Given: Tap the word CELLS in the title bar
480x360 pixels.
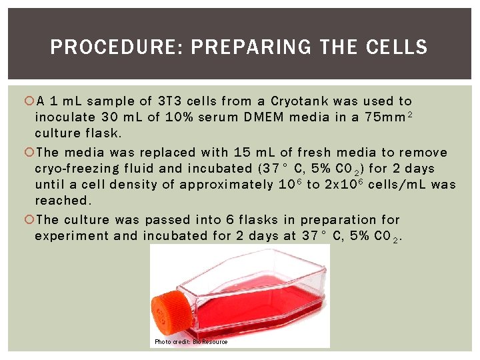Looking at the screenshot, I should [397, 47].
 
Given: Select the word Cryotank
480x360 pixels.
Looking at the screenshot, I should [300, 101].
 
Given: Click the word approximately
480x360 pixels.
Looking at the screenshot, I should [227, 185].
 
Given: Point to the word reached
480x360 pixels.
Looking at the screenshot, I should [63, 201].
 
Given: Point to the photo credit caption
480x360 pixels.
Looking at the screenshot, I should [191, 342].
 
